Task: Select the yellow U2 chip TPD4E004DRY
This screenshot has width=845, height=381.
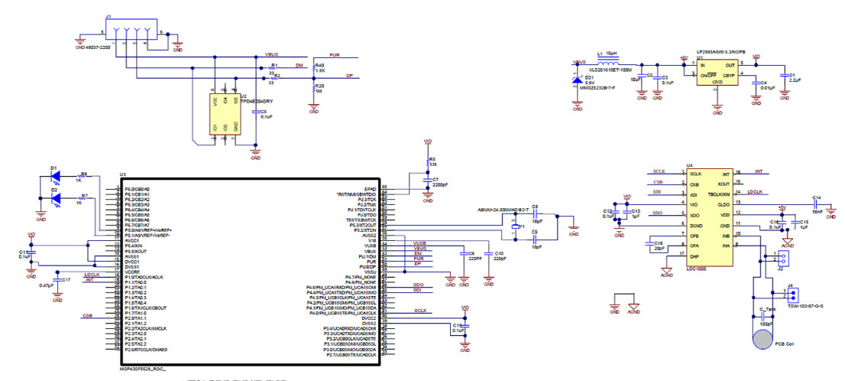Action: [225, 114]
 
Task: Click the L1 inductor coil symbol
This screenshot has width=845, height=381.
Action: [610, 59]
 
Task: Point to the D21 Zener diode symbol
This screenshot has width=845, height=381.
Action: [577, 79]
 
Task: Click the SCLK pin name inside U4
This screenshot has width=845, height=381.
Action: [695, 174]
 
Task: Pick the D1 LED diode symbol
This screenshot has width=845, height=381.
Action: [56, 175]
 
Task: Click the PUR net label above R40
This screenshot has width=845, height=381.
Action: [334, 56]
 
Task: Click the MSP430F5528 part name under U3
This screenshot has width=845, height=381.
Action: [142, 368]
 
